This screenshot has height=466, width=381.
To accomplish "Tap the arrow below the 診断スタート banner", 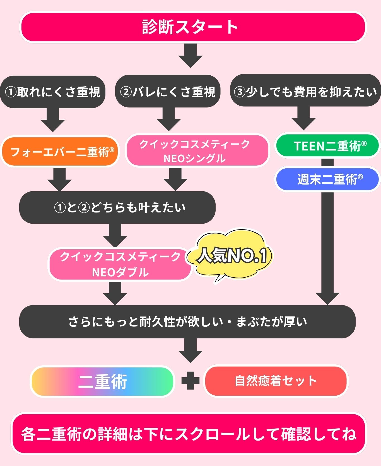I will pyautogui.click(x=191, y=56).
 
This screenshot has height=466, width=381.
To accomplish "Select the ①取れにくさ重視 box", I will pyautogui.click(x=53, y=92).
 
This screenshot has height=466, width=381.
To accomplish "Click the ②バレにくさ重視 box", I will pyautogui.click(x=168, y=92).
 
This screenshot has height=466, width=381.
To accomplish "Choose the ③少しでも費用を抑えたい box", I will pyautogui.click(x=305, y=91).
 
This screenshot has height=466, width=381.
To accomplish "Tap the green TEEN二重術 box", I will pyautogui.click(x=327, y=146).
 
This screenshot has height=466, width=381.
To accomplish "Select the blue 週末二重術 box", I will pyautogui.click(x=327, y=179).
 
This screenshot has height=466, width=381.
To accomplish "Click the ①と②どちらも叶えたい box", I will pyautogui.click(x=117, y=207).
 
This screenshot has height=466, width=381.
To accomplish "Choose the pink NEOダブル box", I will pyautogui.click(x=120, y=264).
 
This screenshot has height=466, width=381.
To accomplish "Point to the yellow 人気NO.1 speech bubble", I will pyautogui.click(x=232, y=255).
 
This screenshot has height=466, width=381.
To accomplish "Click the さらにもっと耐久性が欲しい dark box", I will pyautogui.click(x=187, y=321).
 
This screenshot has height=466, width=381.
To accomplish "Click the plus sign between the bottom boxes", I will pyautogui.click(x=191, y=381).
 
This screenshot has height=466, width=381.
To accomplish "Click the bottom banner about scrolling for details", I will pyautogui.click(x=189, y=434).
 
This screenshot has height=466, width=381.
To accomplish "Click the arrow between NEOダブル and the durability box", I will pyautogui.click(x=115, y=293).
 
